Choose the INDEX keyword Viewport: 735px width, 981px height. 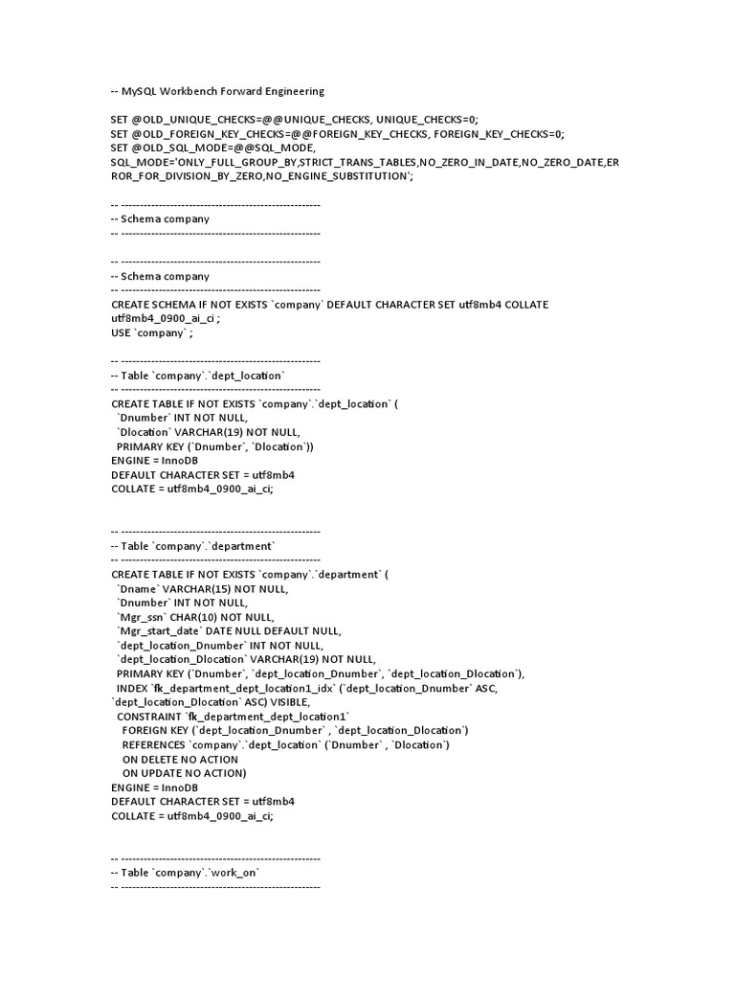click(x=133, y=689)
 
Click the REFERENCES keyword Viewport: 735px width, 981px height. click(x=153, y=745)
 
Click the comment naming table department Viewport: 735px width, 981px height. click(x=192, y=546)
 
